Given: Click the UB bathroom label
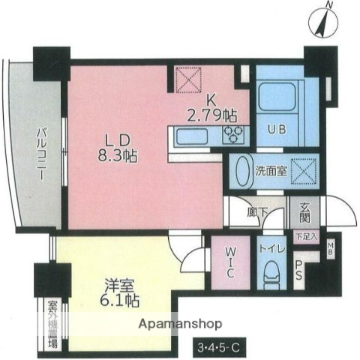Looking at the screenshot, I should (x=276, y=127).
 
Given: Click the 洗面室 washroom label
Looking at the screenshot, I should (x=271, y=170).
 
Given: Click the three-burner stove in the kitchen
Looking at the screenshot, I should (x=232, y=134).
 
